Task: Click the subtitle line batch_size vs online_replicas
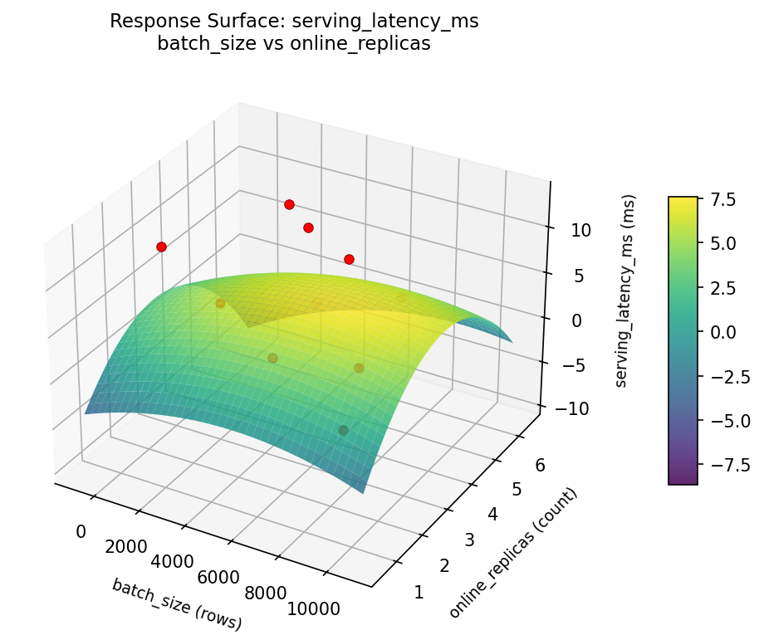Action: [x=294, y=44]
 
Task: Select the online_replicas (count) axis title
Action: [x=512, y=553]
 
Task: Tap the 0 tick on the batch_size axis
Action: [x=81, y=531]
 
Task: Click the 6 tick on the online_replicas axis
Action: [x=540, y=466]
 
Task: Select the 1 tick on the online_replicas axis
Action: [x=418, y=592]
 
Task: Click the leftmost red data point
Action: [x=161, y=247]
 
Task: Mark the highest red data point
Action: [x=289, y=204]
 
